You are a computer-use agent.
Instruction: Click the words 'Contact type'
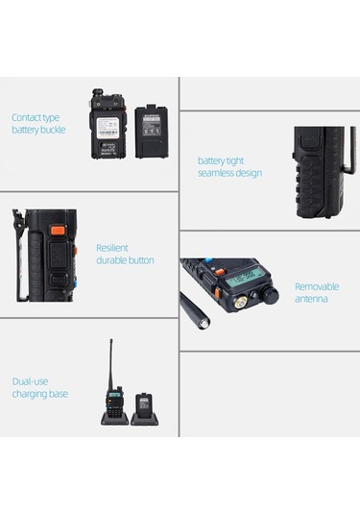(x=35, y=117)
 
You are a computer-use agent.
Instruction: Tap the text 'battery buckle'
(x=38, y=130)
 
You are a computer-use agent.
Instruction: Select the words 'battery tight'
(x=221, y=160)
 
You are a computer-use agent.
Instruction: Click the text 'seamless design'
(x=229, y=173)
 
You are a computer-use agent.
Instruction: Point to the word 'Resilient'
(x=112, y=247)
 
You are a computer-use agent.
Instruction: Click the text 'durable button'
(x=125, y=259)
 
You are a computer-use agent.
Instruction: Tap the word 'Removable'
(x=316, y=286)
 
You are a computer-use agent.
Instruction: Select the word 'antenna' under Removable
(x=312, y=299)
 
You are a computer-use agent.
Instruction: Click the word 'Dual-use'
(x=31, y=380)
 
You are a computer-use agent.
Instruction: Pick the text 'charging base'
(x=40, y=393)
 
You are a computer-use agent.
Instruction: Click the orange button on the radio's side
(x=59, y=231)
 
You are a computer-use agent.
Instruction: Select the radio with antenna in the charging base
(x=113, y=404)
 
